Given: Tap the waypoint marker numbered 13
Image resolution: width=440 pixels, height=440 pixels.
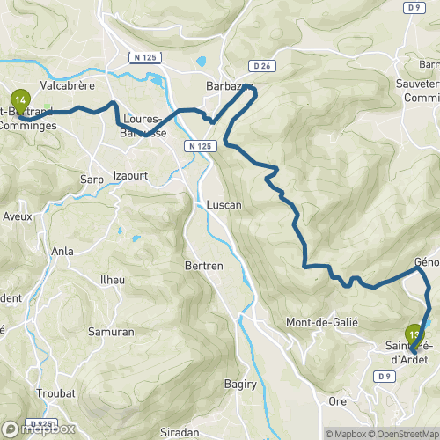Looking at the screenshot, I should (414, 334).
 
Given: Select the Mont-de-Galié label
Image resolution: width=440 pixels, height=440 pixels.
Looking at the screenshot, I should (322, 322).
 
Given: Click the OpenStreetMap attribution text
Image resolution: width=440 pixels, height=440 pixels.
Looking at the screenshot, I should (406, 433).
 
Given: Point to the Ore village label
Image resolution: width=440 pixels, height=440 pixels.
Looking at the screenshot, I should (337, 400).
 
